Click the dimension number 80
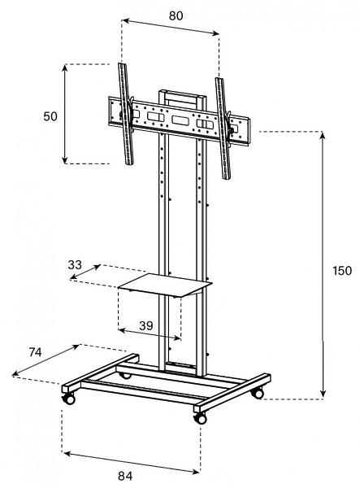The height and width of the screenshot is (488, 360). (x=176, y=16)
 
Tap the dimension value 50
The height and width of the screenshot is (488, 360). (x=50, y=116)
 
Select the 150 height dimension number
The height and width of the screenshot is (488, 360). (x=342, y=271)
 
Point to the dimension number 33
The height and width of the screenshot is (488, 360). (x=75, y=265)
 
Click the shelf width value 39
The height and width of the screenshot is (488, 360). (x=145, y=325)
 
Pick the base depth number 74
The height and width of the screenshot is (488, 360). (x=35, y=352)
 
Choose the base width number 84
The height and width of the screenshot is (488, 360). (x=125, y=476)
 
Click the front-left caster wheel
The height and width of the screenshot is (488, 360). (x=69, y=399)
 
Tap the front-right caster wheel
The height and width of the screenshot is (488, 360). (x=200, y=418)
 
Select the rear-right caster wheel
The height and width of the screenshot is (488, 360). (x=258, y=394)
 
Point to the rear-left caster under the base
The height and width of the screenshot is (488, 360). (x=126, y=376)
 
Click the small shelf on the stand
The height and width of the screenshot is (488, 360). (x=165, y=285)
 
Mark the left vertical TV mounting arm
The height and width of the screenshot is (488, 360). (x=126, y=114)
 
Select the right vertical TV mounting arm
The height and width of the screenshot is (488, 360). (x=223, y=129)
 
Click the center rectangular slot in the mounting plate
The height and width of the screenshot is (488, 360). (x=180, y=120)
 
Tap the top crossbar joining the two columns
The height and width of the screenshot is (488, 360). (x=182, y=94)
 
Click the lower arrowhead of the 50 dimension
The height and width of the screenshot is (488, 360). (x=64, y=159)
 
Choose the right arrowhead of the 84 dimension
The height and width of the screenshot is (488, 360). (x=196, y=472)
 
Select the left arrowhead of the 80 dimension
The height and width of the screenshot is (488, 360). (x=125, y=21)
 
